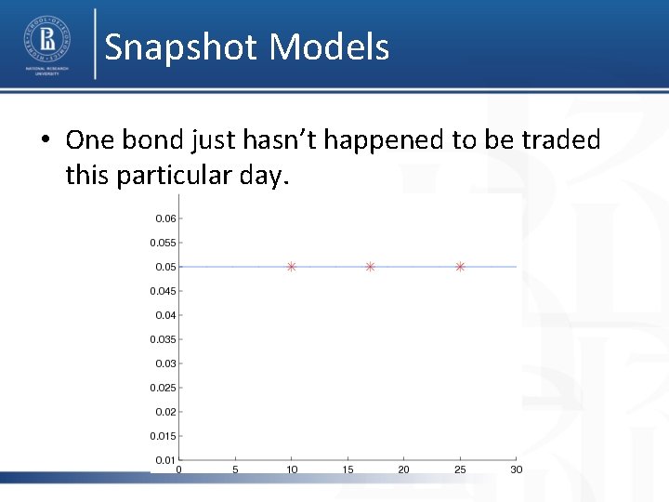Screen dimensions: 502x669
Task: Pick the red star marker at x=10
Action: click(291, 267)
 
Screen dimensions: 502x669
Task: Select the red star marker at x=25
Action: click(460, 267)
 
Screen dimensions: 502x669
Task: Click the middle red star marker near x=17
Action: click(370, 267)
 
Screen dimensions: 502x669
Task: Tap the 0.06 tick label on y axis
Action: click(164, 219)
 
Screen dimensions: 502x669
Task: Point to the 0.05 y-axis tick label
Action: click(164, 268)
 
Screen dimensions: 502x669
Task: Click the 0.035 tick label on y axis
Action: click(163, 340)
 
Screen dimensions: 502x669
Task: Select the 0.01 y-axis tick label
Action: click(164, 460)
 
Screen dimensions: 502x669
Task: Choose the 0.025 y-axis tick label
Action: click(163, 388)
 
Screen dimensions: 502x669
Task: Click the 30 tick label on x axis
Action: click(516, 469)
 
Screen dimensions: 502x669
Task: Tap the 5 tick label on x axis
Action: click(235, 469)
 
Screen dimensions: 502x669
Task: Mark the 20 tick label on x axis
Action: click(403, 469)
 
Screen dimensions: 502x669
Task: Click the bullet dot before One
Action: click(45, 141)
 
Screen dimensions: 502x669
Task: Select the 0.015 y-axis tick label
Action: click(163, 436)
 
